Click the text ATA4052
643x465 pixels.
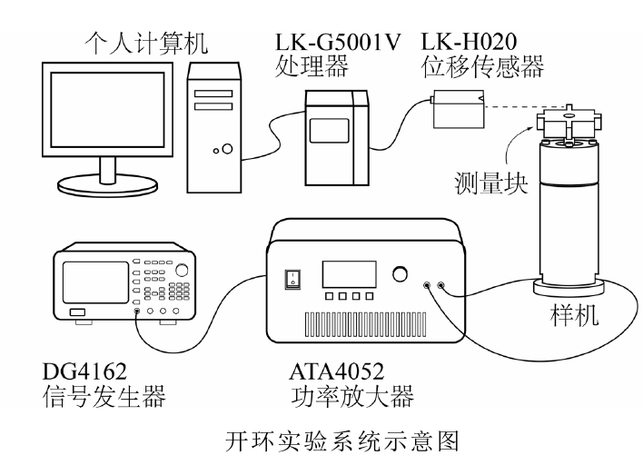(x=336, y=370)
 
